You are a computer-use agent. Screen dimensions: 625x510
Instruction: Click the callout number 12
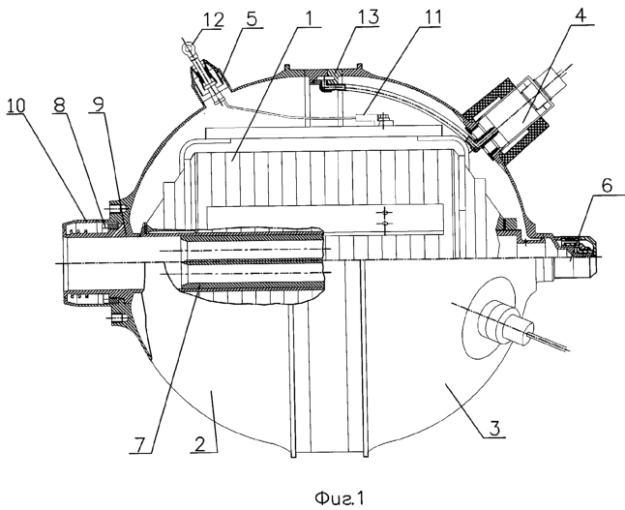click(214, 20)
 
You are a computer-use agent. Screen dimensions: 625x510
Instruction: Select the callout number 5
click(252, 19)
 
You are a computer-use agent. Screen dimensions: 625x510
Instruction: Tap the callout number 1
click(311, 18)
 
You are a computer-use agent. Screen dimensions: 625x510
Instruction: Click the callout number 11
click(432, 18)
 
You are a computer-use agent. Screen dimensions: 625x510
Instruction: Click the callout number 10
click(15, 105)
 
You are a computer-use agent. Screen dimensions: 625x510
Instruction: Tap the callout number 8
click(59, 105)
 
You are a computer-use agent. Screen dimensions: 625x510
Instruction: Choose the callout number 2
click(200, 443)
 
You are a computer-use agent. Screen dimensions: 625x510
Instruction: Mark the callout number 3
click(493, 429)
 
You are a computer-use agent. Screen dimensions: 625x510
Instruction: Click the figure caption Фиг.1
click(340, 497)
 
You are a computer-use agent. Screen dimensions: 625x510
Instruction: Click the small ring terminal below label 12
click(187, 48)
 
